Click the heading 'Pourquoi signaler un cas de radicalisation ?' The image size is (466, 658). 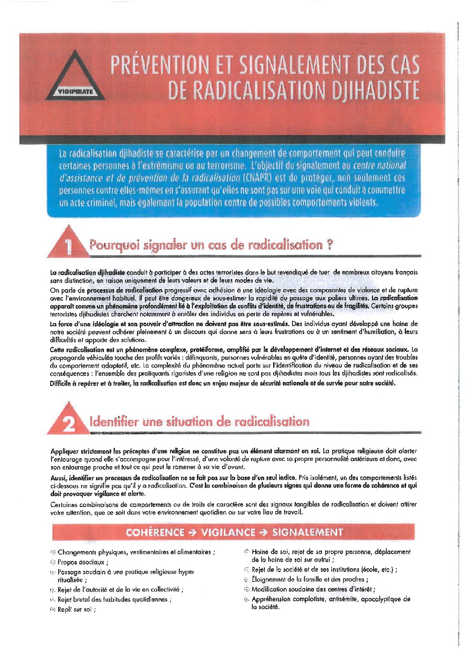pyautogui.click(x=211, y=245)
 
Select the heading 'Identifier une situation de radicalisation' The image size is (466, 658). pyautogui.click(x=199, y=422)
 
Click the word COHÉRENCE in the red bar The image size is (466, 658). pyautogui.click(x=155, y=532)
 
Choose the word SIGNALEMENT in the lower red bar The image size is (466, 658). pyautogui.click(x=307, y=532)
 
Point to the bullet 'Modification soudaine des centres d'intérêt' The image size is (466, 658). pyautogui.click(x=313, y=589)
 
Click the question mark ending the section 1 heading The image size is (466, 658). pyautogui.click(x=330, y=245)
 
